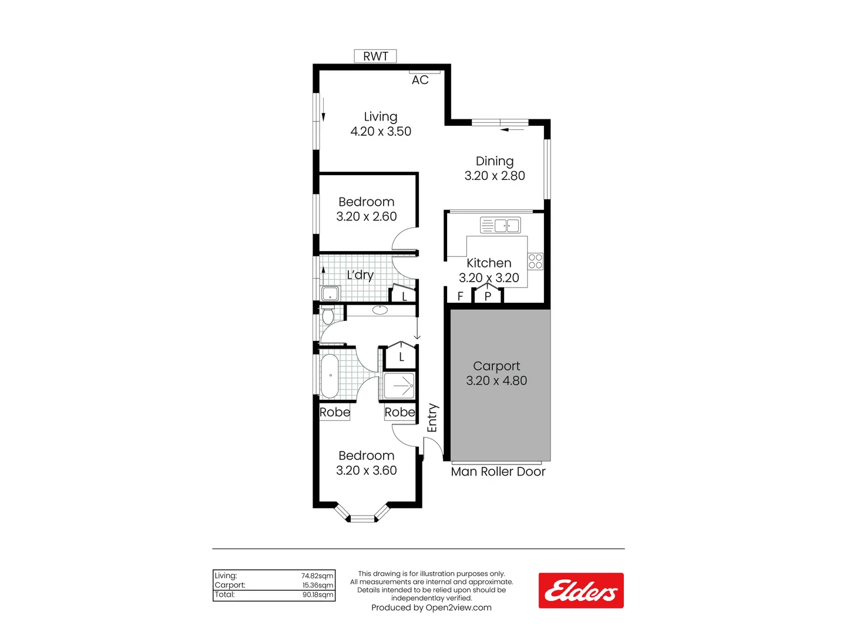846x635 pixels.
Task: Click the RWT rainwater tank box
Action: [375, 56]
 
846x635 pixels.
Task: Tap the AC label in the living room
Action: [420, 80]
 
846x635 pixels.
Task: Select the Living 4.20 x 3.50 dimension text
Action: [381, 132]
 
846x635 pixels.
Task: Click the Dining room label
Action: [495, 161]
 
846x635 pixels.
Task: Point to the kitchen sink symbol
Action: [500, 225]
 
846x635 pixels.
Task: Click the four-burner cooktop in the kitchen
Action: [535, 262]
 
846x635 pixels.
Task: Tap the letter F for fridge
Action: [461, 296]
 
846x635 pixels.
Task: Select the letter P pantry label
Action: [488, 296]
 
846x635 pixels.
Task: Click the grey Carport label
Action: [496, 366]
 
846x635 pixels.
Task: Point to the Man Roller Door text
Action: [498, 472]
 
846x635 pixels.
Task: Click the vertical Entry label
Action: [432, 418]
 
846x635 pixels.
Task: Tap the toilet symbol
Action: [328, 316]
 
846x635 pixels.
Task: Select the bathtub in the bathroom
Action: [330, 376]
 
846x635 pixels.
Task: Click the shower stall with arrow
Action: [399, 386]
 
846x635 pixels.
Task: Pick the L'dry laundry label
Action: [360, 275]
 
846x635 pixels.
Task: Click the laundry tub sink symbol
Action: [330, 293]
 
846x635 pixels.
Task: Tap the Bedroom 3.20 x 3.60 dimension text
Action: [367, 470]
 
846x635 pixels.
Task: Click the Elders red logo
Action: [581, 590]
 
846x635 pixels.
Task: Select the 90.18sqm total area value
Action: [318, 595]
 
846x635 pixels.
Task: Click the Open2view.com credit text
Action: [431, 607]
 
